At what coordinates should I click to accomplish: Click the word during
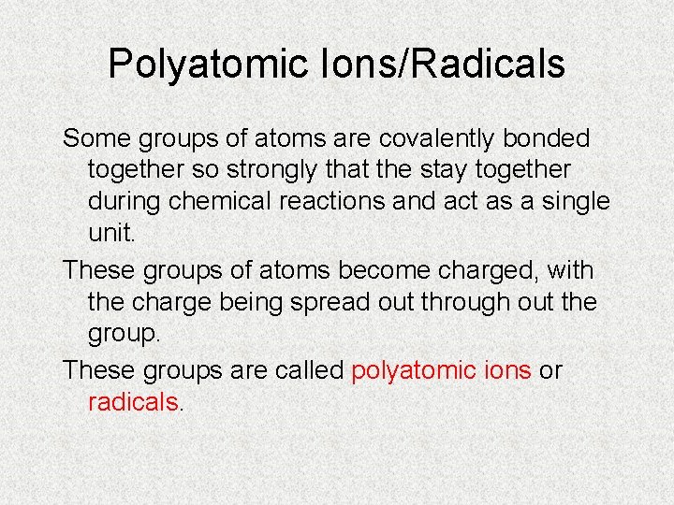(x=125, y=202)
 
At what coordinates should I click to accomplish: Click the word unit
(x=111, y=234)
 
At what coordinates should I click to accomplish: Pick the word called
(x=309, y=370)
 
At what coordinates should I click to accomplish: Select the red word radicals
(x=132, y=402)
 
